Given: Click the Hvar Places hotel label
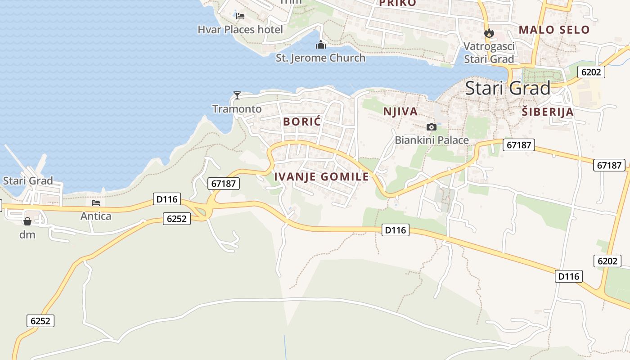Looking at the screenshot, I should (x=240, y=30).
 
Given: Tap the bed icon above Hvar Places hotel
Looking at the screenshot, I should (x=240, y=16).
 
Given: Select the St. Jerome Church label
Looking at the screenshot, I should (x=320, y=58).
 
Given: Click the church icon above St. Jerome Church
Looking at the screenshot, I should (x=320, y=45).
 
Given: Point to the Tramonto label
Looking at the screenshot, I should (x=237, y=109).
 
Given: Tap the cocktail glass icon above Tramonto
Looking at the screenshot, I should (x=237, y=95).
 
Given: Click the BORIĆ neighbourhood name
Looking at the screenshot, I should (x=302, y=121).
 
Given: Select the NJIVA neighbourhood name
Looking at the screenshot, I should (x=400, y=112).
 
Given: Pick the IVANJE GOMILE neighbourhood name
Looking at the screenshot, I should (x=321, y=177).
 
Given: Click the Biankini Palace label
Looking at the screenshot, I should (x=432, y=140).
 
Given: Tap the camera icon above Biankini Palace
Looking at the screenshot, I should (x=432, y=127).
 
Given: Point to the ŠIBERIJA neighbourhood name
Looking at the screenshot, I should (x=548, y=112).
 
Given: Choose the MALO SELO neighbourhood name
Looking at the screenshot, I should (x=554, y=30).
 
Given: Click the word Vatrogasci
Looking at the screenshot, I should (x=489, y=46).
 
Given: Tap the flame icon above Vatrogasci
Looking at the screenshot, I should (x=489, y=33).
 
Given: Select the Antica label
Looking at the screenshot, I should (x=96, y=216).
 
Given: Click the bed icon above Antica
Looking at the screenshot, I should (x=96, y=203).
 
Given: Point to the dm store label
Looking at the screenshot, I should (x=27, y=234).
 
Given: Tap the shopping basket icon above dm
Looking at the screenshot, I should (x=27, y=221).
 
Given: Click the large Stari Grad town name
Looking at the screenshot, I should (x=508, y=88).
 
